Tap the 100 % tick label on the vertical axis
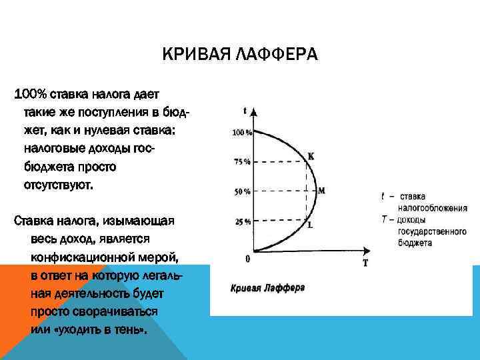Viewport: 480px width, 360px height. pyautogui.click(x=241, y=133)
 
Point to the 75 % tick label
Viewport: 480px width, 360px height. pyautogui.click(x=243, y=161)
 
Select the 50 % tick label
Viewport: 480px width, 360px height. pyautogui.click(x=243, y=192)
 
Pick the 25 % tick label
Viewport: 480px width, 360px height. pyautogui.click(x=243, y=222)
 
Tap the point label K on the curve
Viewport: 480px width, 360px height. pyautogui.click(x=310, y=157)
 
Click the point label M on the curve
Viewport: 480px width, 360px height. pyautogui.click(x=321, y=191)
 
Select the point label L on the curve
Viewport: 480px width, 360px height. pyautogui.click(x=310, y=225)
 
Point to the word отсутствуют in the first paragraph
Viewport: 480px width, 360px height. pyautogui.click(x=58, y=184)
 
